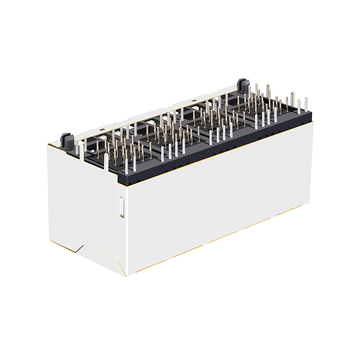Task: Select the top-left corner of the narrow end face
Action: click(x=51, y=147)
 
